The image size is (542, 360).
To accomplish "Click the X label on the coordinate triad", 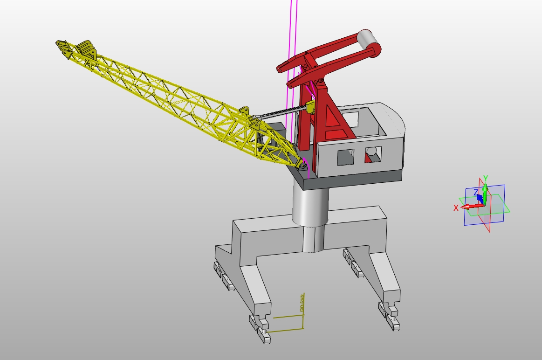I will click(x=456, y=208).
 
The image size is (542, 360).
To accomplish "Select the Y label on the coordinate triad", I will click(x=485, y=178).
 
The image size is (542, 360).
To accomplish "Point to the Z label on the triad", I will click(x=476, y=192).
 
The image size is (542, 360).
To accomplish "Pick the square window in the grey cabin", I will click(x=345, y=157).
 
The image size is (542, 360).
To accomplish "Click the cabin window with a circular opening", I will click(x=373, y=153).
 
